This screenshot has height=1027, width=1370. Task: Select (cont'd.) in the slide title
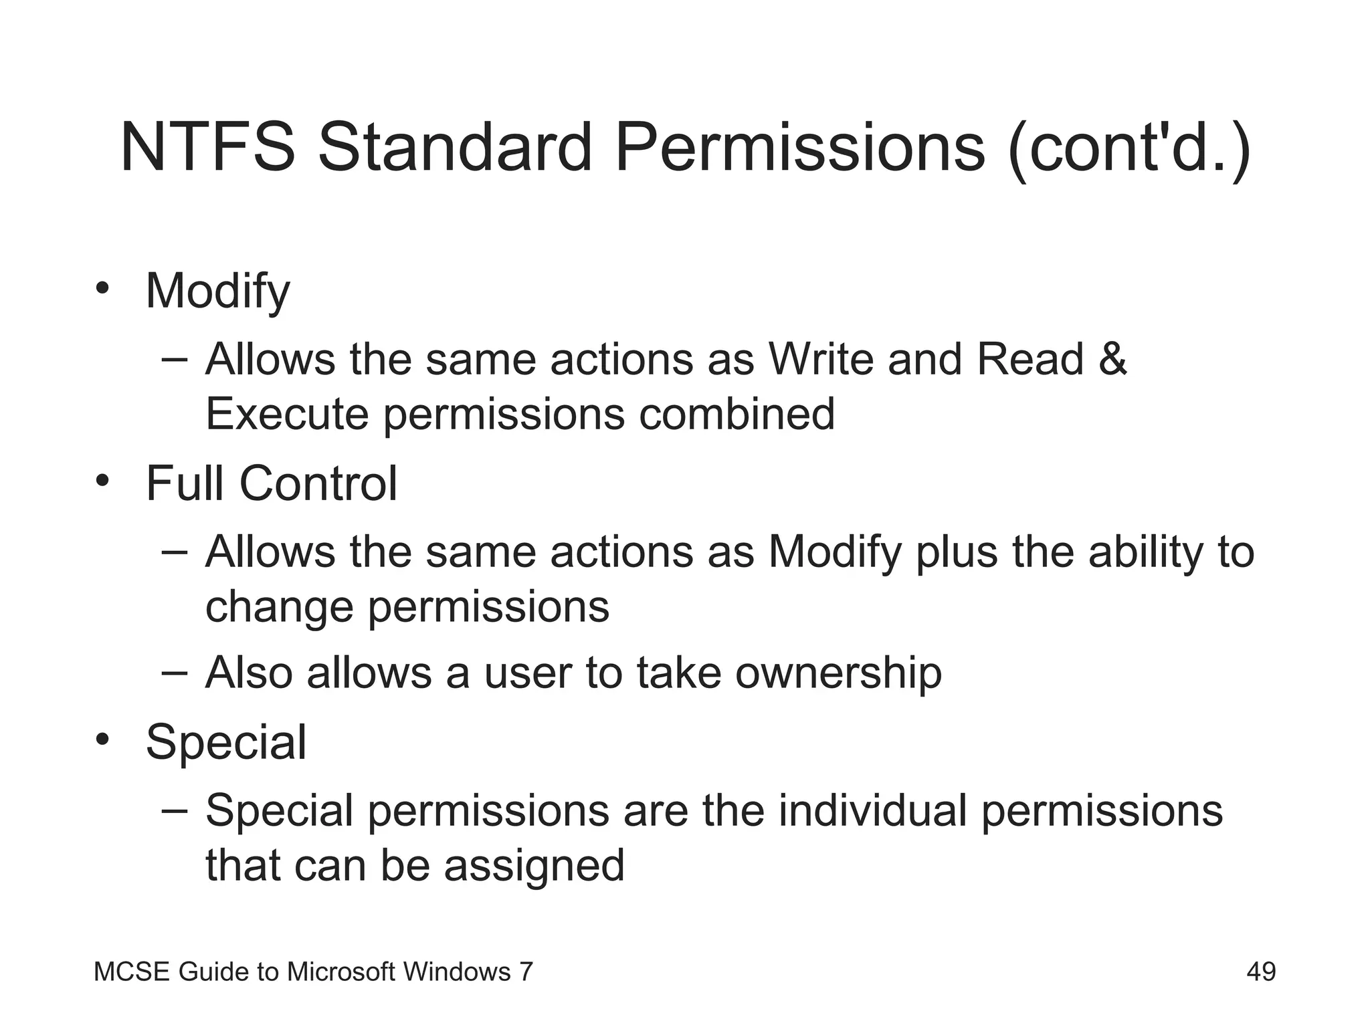pos(1129,148)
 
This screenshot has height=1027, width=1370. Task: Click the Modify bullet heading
pos(218,292)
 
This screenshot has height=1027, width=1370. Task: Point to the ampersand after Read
pos(1112,360)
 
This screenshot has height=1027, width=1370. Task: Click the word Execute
pos(287,414)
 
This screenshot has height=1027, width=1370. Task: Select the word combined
pos(737,414)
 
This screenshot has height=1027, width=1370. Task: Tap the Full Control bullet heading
pos(272,483)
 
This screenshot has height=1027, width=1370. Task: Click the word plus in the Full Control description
pos(956,554)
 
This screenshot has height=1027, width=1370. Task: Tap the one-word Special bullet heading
pos(226,743)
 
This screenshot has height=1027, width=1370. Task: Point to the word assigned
pos(534,867)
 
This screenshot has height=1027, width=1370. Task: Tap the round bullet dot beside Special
pos(102,739)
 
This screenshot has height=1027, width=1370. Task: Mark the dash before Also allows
pos(175,673)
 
